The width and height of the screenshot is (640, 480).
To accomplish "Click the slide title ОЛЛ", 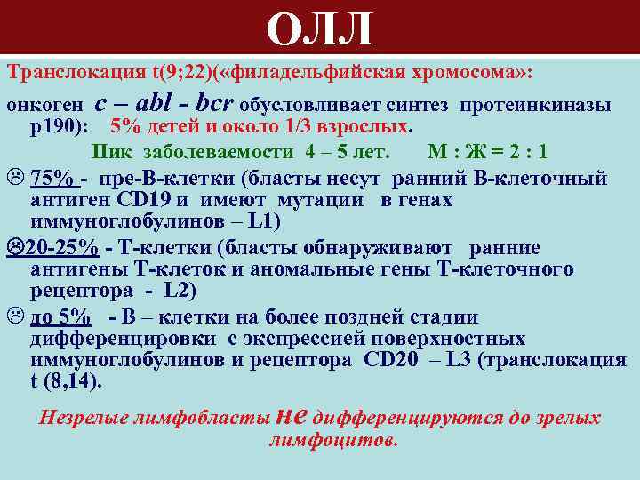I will point(319,29).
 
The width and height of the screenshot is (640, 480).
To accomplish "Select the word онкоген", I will point(44,106).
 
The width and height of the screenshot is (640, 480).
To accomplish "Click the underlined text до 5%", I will point(60,316).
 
